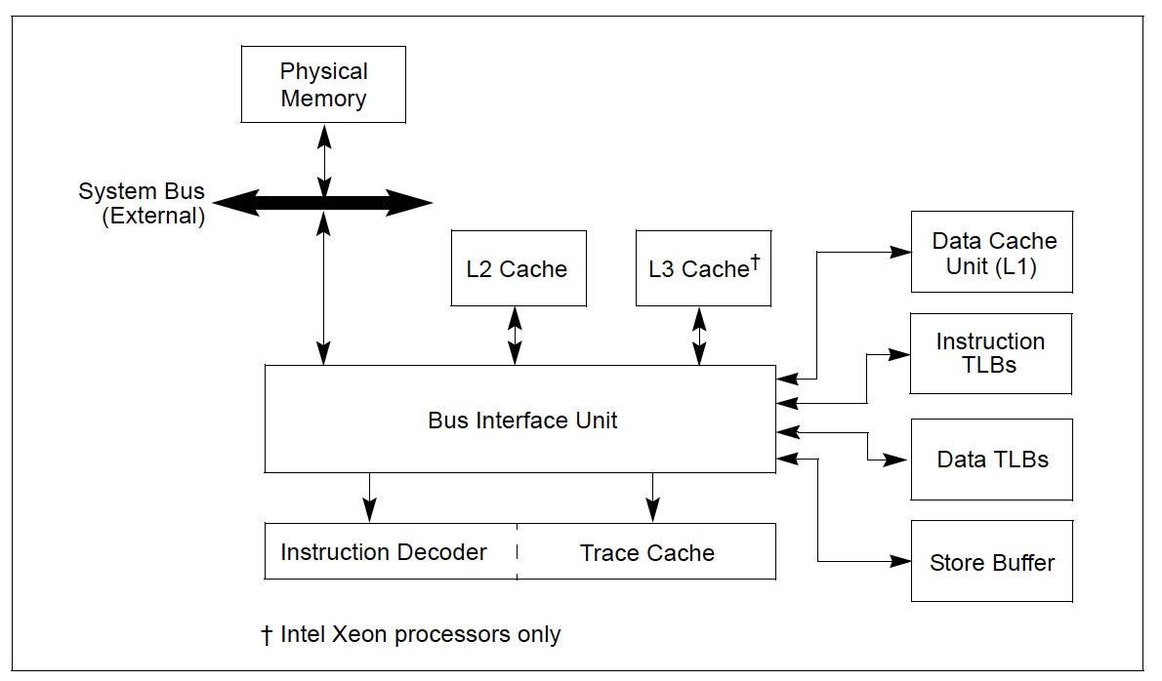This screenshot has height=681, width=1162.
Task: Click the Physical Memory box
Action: (323, 85)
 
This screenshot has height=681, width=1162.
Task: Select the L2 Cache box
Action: (518, 268)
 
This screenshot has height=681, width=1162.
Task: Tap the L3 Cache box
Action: (703, 268)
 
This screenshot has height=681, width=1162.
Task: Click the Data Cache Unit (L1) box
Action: (992, 253)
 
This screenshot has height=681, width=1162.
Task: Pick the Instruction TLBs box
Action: (990, 353)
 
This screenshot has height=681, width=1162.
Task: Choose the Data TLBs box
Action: (991, 460)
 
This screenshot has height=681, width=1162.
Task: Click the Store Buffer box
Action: (991, 562)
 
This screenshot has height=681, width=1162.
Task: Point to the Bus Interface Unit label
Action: (522, 421)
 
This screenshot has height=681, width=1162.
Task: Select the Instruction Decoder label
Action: (384, 552)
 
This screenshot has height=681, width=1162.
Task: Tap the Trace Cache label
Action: (646, 553)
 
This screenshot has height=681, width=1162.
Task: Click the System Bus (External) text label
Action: (143, 203)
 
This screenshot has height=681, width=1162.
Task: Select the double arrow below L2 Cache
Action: (516, 336)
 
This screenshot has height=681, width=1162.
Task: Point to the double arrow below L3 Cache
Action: (699, 336)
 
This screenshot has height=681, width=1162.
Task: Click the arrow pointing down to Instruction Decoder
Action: (369, 498)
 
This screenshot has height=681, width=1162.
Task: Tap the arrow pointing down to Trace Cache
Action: (653, 498)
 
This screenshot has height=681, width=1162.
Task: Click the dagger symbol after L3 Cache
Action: (755, 261)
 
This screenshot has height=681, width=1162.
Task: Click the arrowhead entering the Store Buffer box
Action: (900, 561)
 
